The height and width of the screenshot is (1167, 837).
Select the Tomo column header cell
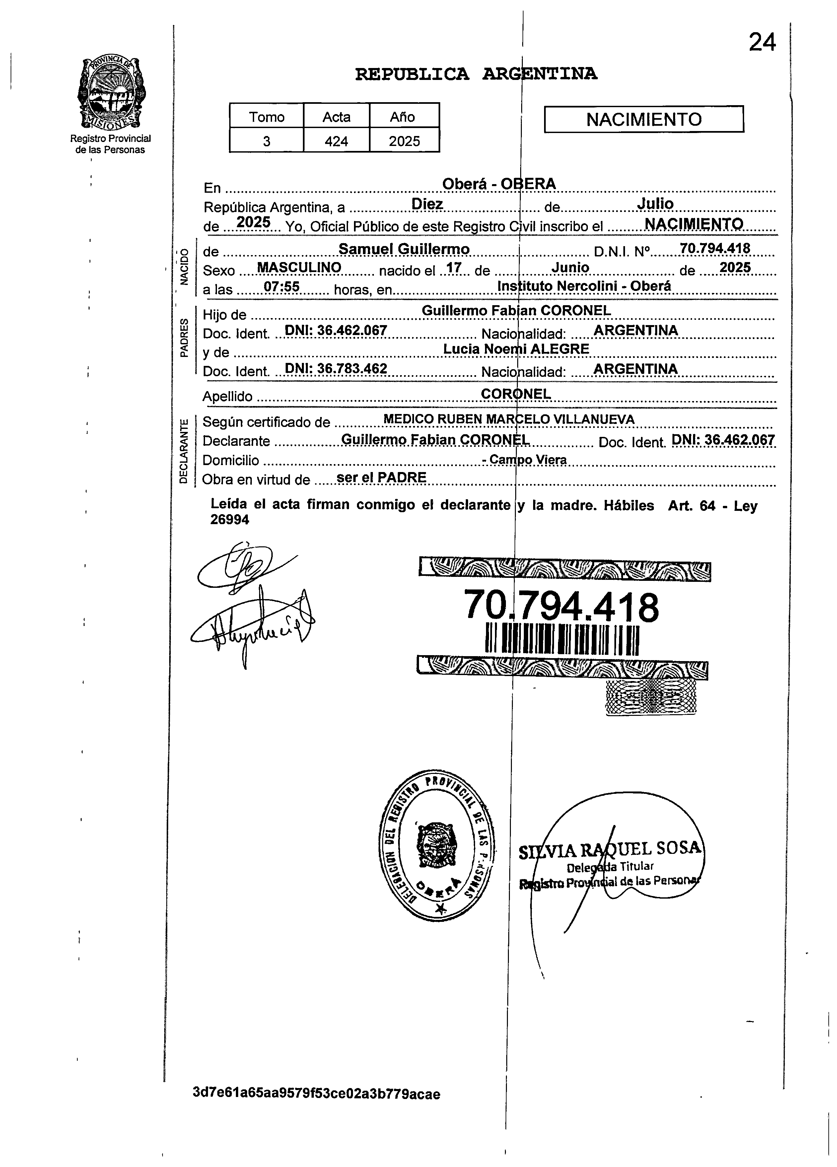[266, 117]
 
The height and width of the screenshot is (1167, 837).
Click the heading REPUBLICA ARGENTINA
[476, 75]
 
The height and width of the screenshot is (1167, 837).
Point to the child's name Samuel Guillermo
[404, 249]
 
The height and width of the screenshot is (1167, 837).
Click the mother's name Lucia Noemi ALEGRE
[516, 349]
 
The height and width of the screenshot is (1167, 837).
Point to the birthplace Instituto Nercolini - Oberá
[584, 286]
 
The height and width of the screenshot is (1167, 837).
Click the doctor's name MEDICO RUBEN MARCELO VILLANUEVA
[509, 419]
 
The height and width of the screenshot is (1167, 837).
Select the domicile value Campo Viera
[527, 459]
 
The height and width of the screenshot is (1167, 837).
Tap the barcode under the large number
[562, 639]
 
